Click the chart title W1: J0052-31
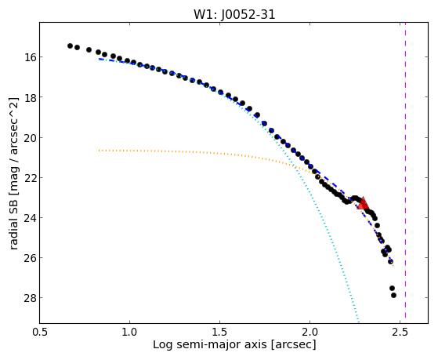234,14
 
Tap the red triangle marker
363,203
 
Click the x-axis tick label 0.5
39,332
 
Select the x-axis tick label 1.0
129,332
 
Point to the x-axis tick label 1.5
220,332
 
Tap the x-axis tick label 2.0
310,332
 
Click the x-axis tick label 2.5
400,332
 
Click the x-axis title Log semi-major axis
210,345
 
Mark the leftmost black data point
70,45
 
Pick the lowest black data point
393,295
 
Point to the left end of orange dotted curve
100,151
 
